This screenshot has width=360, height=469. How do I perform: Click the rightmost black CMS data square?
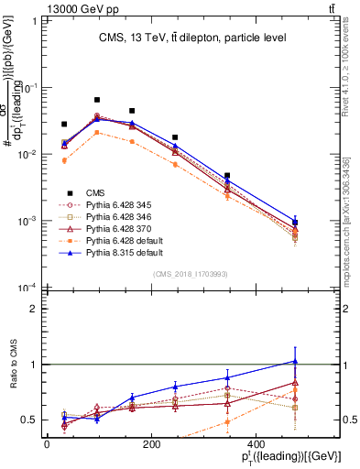295,223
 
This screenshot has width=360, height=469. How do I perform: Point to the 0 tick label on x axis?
47,444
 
